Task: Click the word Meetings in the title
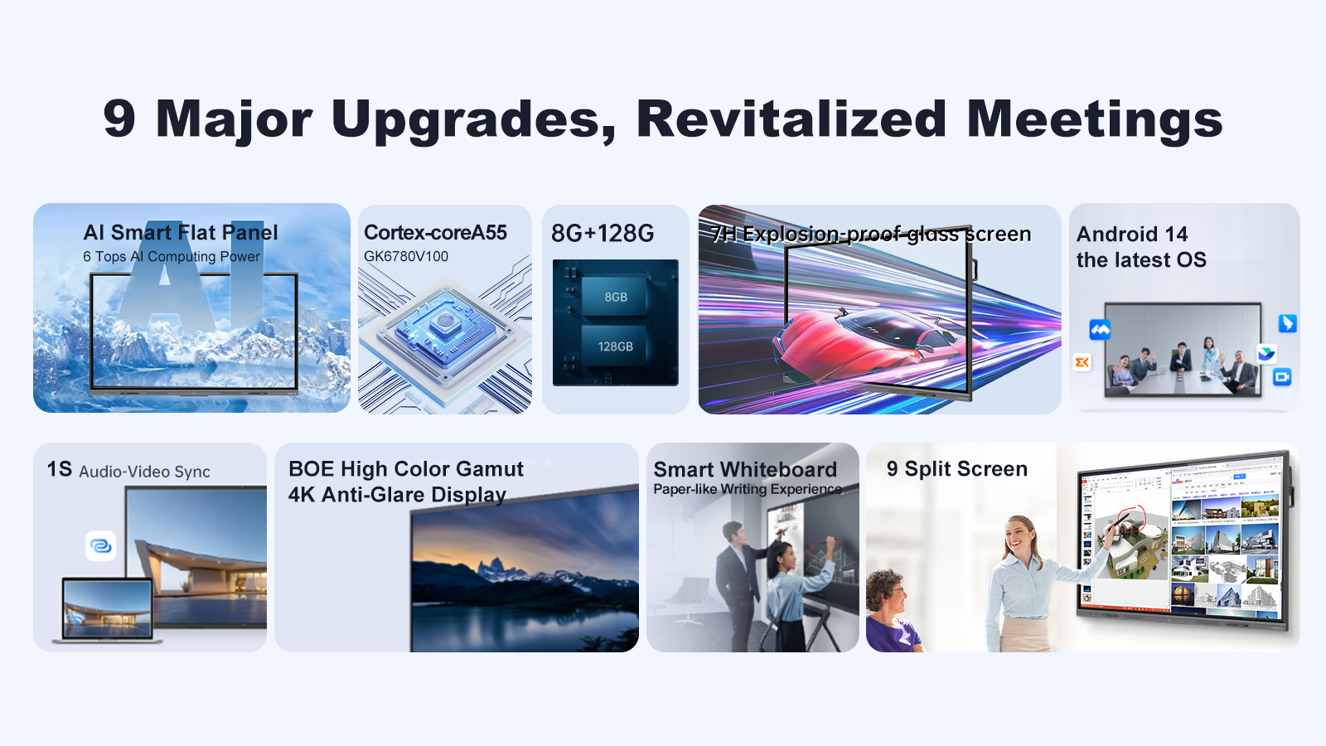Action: [x=1095, y=119]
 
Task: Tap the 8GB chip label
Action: [x=616, y=297]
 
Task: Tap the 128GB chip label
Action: [x=616, y=346]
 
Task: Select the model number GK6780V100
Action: [x=406, y=256]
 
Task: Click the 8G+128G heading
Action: [x=603, y=233]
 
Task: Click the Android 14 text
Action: [x=1132, y=234]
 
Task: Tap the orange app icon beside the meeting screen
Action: [x=1082, y=362]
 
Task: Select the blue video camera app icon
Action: [x=1282, y=376]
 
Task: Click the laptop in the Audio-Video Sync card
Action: [x=107, y=611]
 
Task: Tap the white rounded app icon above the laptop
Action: [x=100, y=545]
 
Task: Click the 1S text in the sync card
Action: [x=59, y=469]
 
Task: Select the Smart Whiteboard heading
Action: [x=745, y=469]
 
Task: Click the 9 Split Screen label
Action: [x=957, y=469]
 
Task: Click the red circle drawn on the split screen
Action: [x=1131, y=519]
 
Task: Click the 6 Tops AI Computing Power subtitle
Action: [x=171, y=256]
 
